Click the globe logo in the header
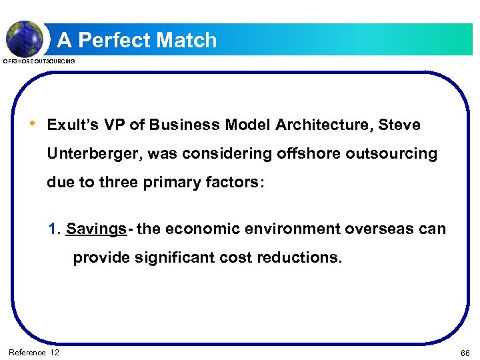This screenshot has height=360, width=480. coord(24,37)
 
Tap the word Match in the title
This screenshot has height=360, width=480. coord(187,40)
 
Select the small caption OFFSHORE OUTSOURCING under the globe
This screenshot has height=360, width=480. coord(39,61)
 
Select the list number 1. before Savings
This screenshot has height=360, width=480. coord(55,229)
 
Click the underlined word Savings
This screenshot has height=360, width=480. coord(96,229)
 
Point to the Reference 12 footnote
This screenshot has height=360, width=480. coord(34,352)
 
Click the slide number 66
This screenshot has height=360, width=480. coord(464,352)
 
